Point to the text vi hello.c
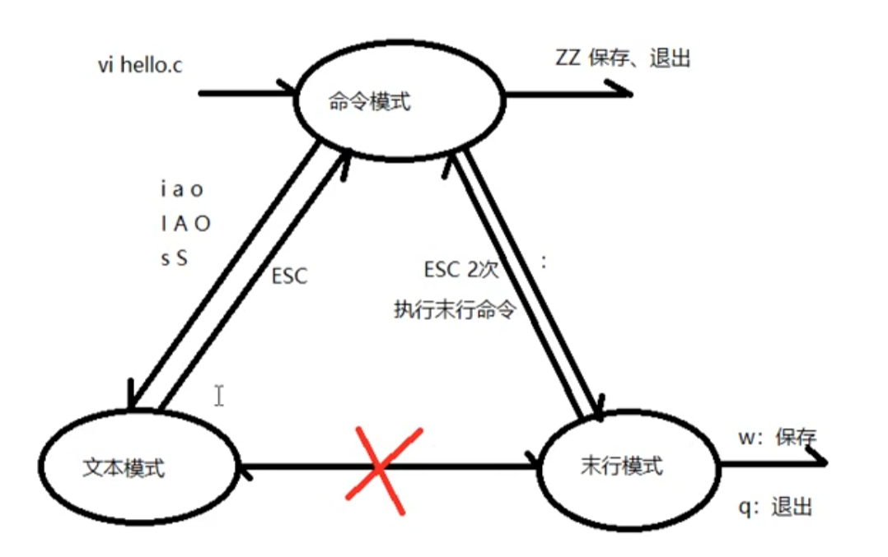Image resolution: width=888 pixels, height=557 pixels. [139, 66]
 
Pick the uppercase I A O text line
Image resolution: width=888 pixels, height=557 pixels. [185, 224]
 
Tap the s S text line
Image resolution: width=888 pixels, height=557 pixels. [174, 258]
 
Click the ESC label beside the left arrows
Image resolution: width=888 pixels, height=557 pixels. [288, 276]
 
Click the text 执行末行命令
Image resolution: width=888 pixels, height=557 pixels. [455, 312]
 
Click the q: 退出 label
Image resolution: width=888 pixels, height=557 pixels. [776, 506]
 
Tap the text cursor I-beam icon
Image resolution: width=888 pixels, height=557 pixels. [219, 396]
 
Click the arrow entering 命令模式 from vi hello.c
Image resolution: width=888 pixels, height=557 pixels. [247, 92]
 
